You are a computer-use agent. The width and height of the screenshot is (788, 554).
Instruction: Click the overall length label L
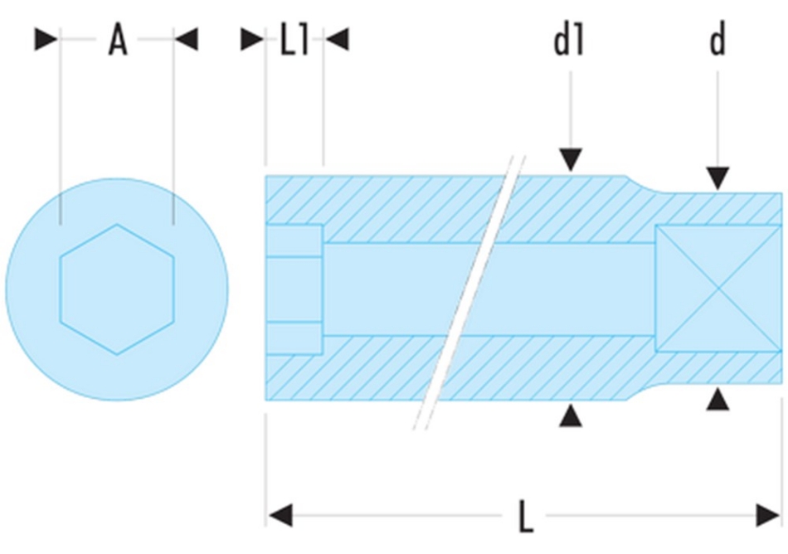click(526, 516)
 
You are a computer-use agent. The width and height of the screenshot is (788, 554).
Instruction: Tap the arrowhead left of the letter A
click(46, 39)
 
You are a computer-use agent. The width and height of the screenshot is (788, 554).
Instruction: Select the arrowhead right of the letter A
click(187, 39)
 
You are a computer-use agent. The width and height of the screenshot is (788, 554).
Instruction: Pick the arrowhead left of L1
click(253, 39)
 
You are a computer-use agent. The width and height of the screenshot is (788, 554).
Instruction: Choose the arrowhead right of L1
click(337, 39)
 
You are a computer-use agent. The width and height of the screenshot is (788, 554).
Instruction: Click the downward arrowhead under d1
click(571, 160)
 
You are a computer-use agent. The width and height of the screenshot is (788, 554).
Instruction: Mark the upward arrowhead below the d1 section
click(571, 415)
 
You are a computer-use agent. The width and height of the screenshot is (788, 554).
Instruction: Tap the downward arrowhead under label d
click(718, 179)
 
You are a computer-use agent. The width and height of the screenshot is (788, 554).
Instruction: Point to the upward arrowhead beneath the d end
click(718, 399)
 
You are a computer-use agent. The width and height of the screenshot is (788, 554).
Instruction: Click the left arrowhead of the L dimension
click(280, 515)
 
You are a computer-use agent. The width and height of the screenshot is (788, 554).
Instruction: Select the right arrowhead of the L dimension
click(768, 515)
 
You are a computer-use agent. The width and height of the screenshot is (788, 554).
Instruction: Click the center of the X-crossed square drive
click(718, 289)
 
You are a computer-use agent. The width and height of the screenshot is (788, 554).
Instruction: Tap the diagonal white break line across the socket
click(469, 293)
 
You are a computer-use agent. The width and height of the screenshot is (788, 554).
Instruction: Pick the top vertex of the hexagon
click(117, 224)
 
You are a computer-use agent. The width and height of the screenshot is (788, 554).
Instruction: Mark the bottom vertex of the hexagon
click(117, 355)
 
